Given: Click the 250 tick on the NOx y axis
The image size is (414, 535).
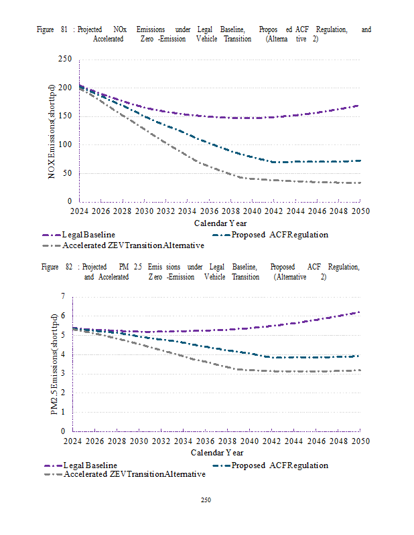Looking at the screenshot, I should coord(64,60).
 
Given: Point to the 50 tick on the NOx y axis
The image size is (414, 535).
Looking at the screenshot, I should coord(67,173).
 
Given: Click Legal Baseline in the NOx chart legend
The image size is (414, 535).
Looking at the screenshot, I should coord(88,235).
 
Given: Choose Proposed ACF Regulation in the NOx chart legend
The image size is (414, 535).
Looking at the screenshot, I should coord(279,235).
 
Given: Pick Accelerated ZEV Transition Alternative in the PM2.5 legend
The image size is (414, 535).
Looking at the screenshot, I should coord(134,474).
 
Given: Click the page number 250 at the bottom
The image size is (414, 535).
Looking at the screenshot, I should coord(206,500).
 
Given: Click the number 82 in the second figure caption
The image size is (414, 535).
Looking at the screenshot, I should coord(67,267).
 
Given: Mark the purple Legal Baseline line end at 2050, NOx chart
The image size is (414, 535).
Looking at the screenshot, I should coord(359,106).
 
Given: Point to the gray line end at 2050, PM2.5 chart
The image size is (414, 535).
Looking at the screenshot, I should coord(360,370).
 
